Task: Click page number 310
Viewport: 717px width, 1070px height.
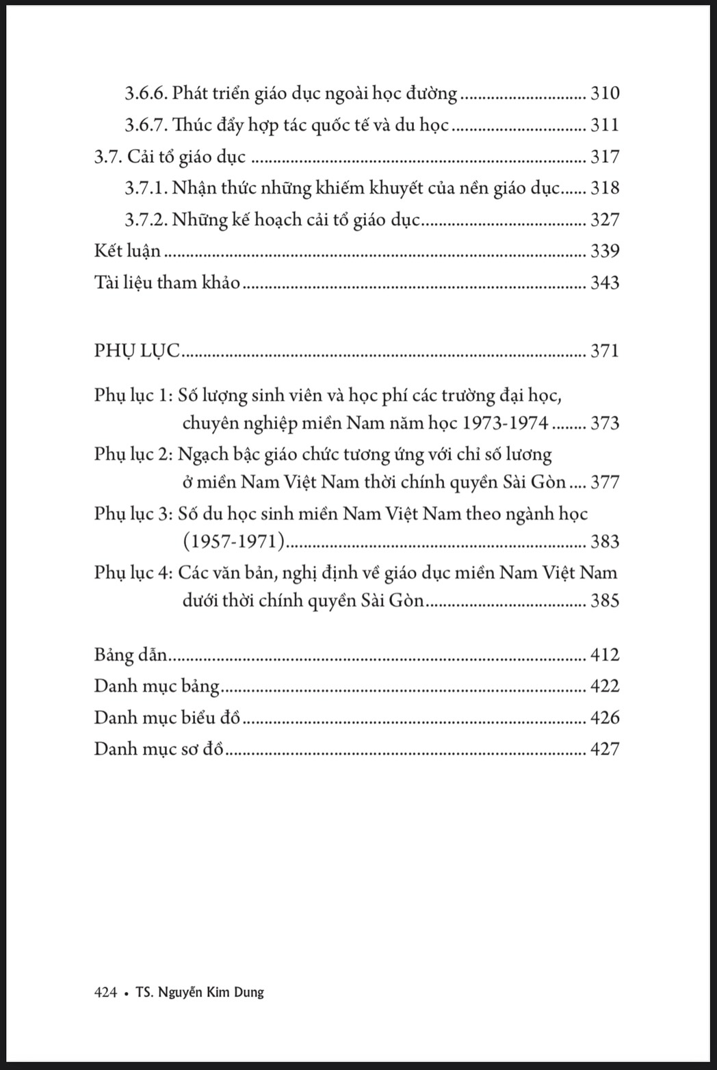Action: tap(604, 93)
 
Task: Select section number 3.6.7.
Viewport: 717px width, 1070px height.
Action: tap(146, 125)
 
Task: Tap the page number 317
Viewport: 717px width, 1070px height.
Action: tap(604, 157)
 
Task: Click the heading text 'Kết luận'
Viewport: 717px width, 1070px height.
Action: tap(127, 251)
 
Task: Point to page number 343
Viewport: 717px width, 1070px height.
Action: tap(604, 283)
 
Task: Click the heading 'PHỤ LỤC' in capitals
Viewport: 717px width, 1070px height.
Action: tap(137, 351)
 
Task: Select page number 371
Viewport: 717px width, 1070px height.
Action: tap(604, 351)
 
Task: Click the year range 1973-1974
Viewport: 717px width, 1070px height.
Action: tap(506, 423)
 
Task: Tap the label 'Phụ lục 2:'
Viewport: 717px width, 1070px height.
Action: tap(133, 454)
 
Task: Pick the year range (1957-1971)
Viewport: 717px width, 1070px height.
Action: tap(233, 542)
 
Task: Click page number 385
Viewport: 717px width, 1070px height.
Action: tap(604, 601)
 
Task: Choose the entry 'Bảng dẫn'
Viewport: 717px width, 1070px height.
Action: tap(130, 655)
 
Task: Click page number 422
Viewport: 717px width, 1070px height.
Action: tap(604, 686)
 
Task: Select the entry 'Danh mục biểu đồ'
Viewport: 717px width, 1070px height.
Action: tap(168, 718)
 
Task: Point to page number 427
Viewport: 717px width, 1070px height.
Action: tap(604, 749)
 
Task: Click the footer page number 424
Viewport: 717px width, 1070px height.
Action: tap(105, 992)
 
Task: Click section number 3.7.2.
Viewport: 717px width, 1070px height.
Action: tap(146, 220)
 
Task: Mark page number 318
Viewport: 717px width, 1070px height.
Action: tap(604, 188)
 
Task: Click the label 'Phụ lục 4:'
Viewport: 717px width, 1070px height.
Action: tap(133, 573)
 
